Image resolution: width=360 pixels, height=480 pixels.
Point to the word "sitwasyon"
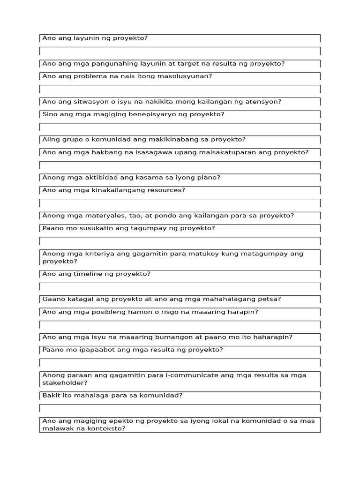[84, 101]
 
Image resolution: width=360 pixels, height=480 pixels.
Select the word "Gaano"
[52, 299]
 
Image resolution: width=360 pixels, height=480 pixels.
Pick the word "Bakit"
[51, 395]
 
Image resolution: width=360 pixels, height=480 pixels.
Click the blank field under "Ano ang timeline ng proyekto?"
[180, 286]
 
